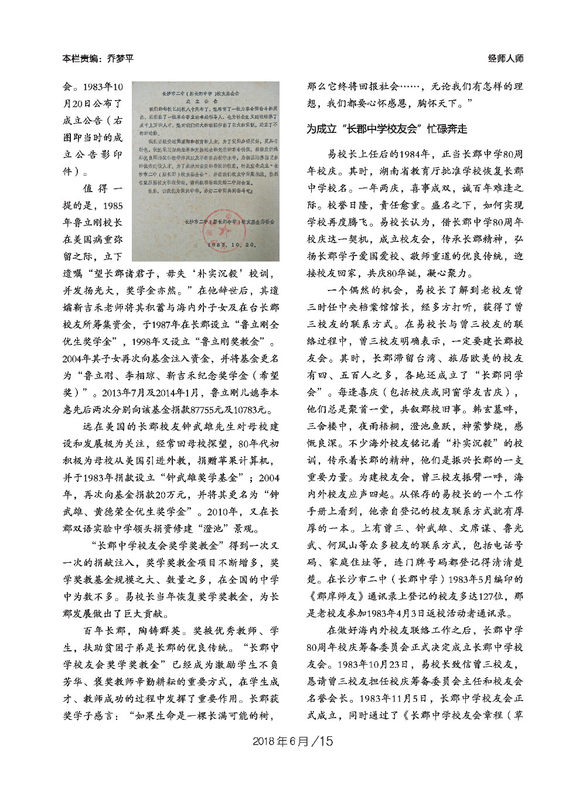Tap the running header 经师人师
pyautogui.click(x=505, y=59)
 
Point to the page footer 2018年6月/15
pyautogui.click(x=292, y=741)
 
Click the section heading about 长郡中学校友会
pyautogui.click(x=386, y=129)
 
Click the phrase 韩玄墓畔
pyautogui.click(x=497, y=408)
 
